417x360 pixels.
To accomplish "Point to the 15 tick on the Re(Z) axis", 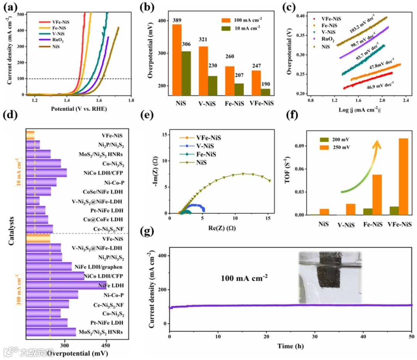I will [268, 219].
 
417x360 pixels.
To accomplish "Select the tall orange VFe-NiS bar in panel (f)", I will [403, 176].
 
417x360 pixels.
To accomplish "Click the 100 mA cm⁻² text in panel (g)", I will [245, 277].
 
